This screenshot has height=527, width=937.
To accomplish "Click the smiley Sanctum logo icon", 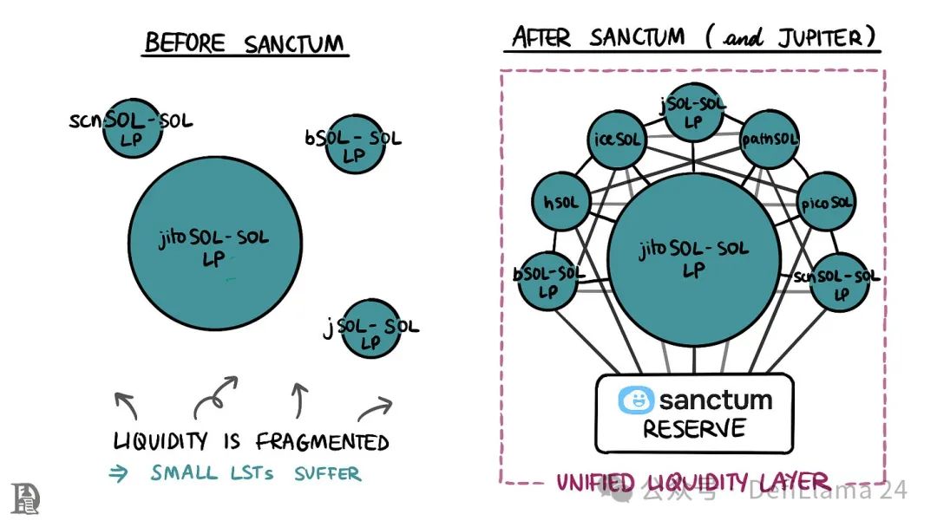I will (x=635, y=400).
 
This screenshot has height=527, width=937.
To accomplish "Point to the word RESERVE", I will (x=694, y=429).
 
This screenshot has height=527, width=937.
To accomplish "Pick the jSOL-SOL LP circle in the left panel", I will (x=371, y=329).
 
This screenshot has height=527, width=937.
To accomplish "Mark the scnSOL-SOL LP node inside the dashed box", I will (x=838, y=283).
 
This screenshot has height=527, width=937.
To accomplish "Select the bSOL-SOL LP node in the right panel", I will (x=548, y=281).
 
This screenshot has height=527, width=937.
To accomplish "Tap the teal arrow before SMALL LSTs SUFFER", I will (x=119, y=473).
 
